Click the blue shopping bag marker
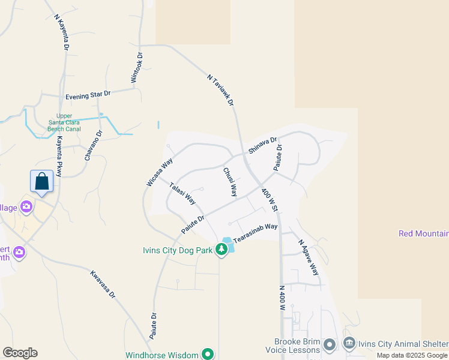(x=41, y=181)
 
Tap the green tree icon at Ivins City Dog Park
(x=221, y=249)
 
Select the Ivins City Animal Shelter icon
(x=349, y=344)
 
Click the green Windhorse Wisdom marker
(x=208, y=355)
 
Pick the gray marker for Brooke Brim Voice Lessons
(x=329, y=344)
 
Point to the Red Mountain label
(x=424, y=233)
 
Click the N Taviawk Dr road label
(x=220, y=91)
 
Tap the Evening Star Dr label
(x=88, y=95)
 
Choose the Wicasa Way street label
(x=160, y=172)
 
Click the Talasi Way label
(x=182, y=193)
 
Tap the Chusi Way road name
(x=230, y=182)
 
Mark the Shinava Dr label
(x=262, y=146)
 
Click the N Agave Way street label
(x=309, y=258)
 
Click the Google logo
(x=20, y=353)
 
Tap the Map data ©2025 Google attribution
(x=412, y=355)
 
